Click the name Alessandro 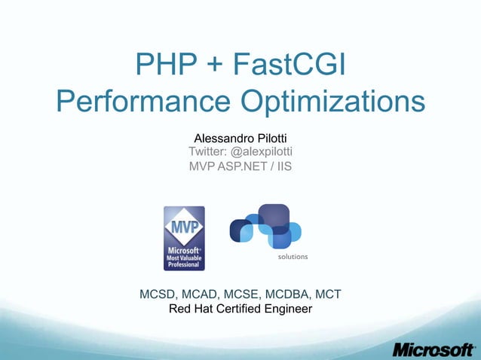click(223, 139)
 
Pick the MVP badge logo click(184, 238)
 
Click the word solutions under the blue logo click(293, 257)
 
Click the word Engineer click(285, 309)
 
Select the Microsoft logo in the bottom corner click(434, 349)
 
